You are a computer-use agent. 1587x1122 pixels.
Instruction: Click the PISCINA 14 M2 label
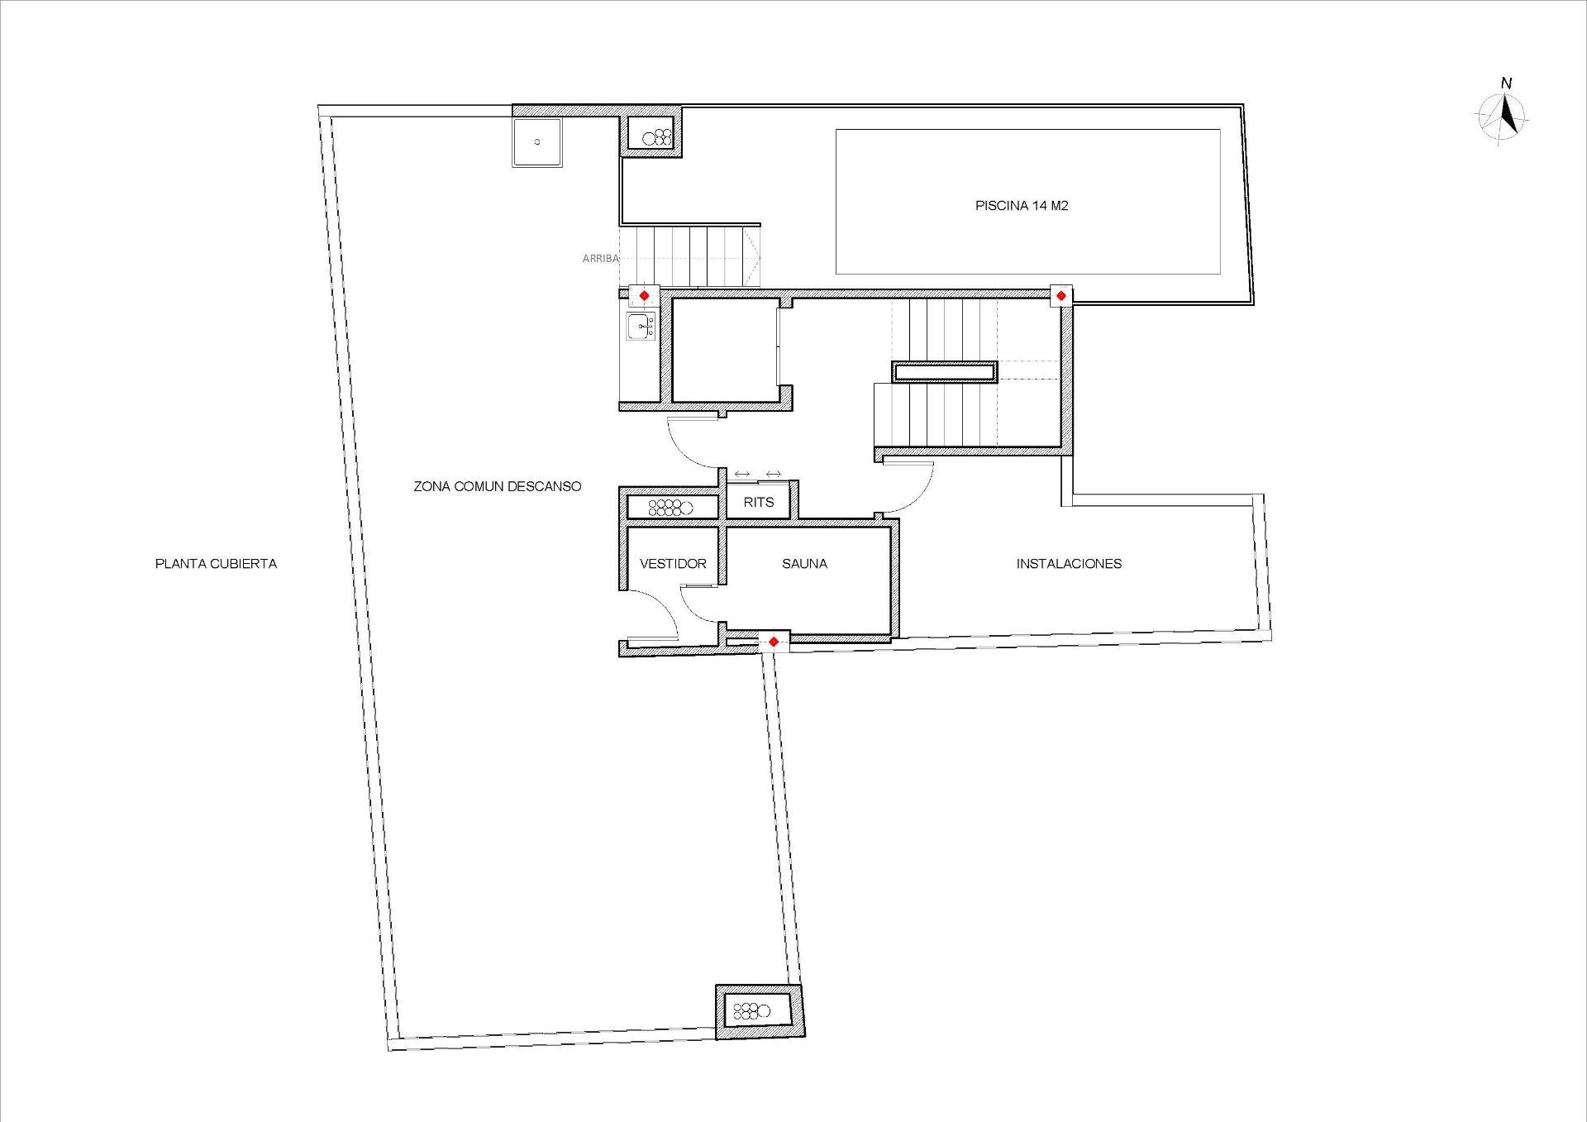[x=1022, y=206]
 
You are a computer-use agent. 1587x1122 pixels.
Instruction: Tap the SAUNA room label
[x=804, y=564]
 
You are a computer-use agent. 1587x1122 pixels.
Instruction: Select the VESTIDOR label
[x=673, y=564]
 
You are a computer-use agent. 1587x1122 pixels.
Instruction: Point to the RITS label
[x=759, y=502]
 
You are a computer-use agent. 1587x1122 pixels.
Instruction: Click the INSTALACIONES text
[x=1069, y=564]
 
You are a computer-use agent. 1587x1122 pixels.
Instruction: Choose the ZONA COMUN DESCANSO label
[x=498, y=487]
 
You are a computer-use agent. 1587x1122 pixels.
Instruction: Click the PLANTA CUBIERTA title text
[x=216, y=564]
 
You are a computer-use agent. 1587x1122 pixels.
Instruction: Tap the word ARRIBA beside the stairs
[x=600, y=259]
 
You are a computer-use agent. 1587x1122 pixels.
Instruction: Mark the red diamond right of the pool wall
[x=1060, y=295]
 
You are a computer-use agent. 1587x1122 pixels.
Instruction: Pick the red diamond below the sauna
[x=773, y=642]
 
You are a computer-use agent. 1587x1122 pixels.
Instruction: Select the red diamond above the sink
[x=644, y=295]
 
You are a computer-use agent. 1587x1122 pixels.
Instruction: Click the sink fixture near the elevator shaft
[x=641, y=327]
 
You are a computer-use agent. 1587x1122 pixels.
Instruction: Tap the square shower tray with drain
[x=537, y=142]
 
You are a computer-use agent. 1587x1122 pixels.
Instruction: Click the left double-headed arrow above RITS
[x=741, y=474]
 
